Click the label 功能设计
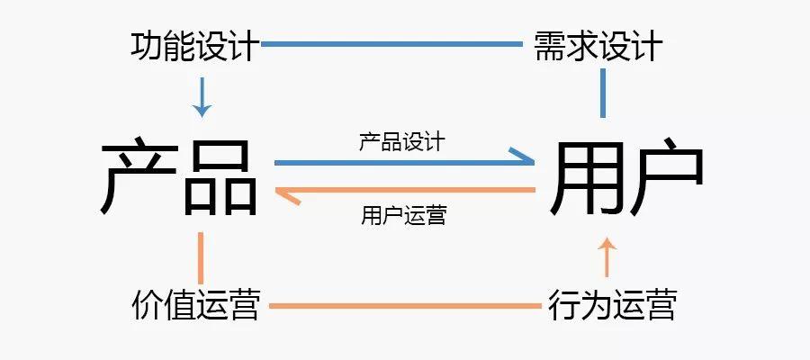point(195,45)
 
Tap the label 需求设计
point(598,45)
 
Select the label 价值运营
point(195,305)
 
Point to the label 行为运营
point(613,305)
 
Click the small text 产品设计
point(401,141)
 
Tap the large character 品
point(221,177)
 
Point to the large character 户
point(665,177)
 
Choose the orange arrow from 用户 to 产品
point(404,191)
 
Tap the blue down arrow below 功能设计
point(202,96)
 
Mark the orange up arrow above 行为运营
point(607,257)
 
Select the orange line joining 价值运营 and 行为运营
point(405,306)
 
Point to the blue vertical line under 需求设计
point(603,95)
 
